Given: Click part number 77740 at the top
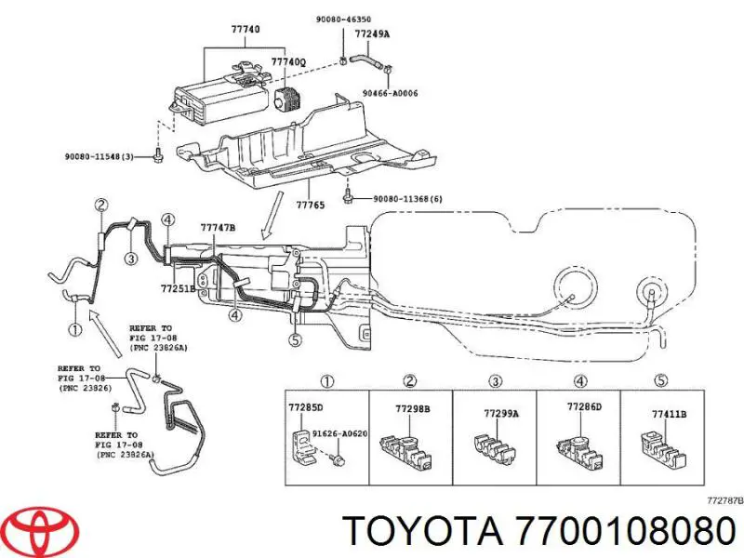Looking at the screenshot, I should coord(246,29).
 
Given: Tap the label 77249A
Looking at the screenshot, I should coord(373,33).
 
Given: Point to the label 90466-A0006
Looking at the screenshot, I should coord(392,93).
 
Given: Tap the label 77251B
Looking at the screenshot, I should coord(178,288).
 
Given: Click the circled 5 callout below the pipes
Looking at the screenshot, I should coord(295,340).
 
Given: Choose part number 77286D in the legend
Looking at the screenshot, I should coord(585,407).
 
